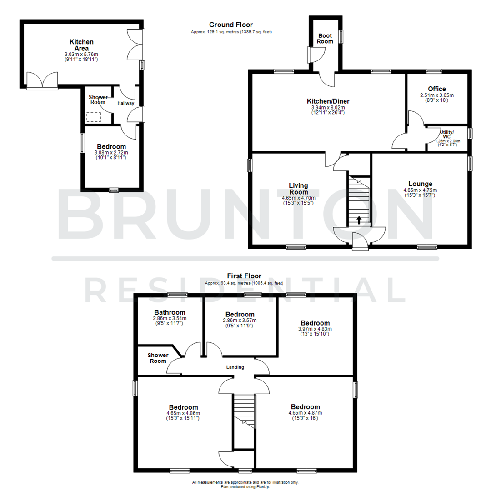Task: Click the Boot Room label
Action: click(325, 38)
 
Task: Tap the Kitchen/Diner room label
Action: click(328, 101)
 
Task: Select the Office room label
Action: click(437, 89)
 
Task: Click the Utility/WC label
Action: click(447, 134)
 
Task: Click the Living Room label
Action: click(298, 188)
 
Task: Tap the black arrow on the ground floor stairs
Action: click(359, 220)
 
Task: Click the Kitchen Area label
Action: click(81, 45)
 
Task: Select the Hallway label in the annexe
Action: click(126, 103)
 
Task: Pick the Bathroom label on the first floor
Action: click(170, 312)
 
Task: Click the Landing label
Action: click(235, 367)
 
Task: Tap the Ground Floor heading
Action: click(231, 25)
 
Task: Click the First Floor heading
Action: click(244, 276)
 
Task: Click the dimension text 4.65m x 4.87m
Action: click(305, 413)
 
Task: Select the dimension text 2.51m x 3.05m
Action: click(437, 95)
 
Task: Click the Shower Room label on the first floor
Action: click(158, 358)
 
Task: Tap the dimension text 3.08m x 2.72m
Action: click(111, 152)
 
